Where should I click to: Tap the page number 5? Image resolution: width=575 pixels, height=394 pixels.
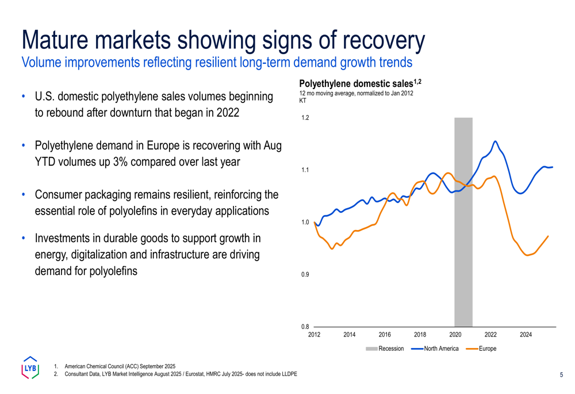click(561, 375)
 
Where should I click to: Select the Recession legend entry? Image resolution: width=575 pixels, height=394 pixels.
click(385, 349)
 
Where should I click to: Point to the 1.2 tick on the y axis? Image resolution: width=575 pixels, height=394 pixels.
click(305, 118)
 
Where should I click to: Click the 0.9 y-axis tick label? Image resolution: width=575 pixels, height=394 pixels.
click(305, 274)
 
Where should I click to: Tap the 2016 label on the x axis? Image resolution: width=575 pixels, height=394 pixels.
click(385, 335)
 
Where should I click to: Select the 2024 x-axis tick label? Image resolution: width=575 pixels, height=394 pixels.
click(526, 335)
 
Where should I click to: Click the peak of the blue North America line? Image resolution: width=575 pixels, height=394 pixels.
click(496, 141)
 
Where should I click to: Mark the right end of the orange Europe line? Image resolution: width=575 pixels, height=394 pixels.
click(548, 236)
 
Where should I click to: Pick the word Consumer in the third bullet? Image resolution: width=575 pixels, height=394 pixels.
click(62, 195)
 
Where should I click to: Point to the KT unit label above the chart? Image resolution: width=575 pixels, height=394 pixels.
click(303, 101)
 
